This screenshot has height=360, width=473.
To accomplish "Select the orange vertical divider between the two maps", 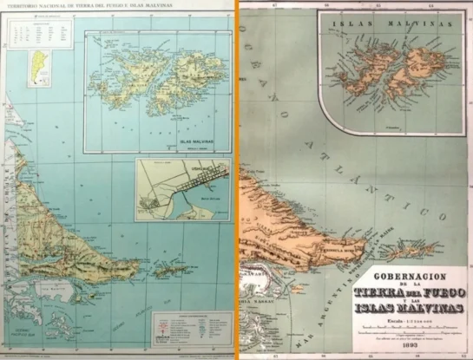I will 235,180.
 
